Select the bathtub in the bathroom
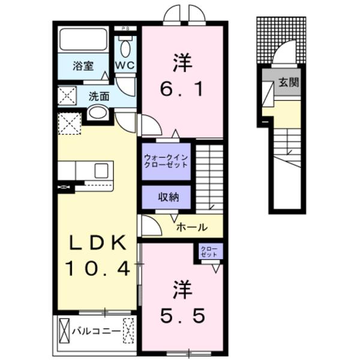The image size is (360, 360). coord(83,40)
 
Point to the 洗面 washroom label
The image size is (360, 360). coord(99,95)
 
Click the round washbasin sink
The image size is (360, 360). coord(97,113)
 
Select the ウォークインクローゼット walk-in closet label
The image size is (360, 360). coord(166,161)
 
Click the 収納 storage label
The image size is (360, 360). coord(166,196)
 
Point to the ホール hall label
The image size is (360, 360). coord(192,227)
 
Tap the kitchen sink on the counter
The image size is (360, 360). coord(101,170)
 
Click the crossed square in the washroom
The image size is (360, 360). coord(67,96)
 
